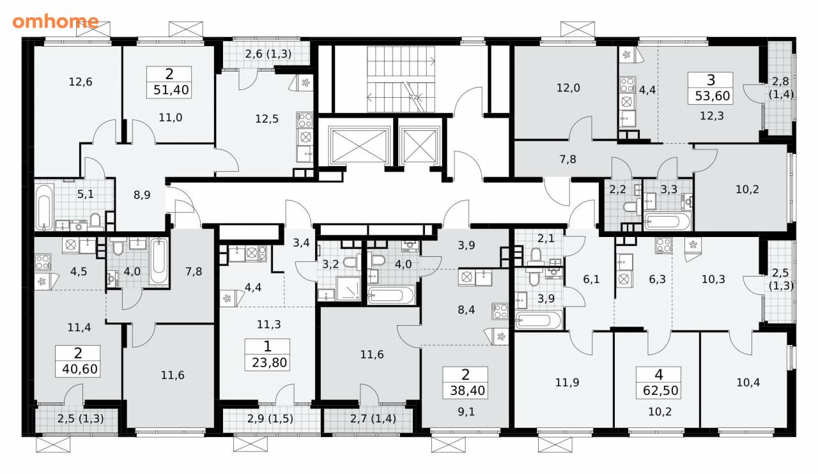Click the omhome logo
pyautogui.click(x=56, y=22)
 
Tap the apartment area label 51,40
pyautogui.click(x=171, y=90)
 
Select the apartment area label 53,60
pyautogui.click(x=712, y=96)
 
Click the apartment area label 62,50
pyautogui.click(x=661, y=391)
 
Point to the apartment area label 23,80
pyautogui.click(x=269, y=363)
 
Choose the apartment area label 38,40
pyautogui.click(x=467, y=391)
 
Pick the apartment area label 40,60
pyautogui.click(x=80, y=369)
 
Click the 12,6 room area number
pyautogui.click(x=81, y=82)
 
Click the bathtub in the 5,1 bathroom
pyautogui.click(x=44, y=208)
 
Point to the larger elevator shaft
pyautogui.click(x=359, y=146)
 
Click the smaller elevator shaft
pyautogui.click(x=420, y=146)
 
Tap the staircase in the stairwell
pyautogui.click(x=401, y=79)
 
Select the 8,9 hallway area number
pyautogui.click(x=142, y=195)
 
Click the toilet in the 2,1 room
pyautogui.click(x=536, y=256)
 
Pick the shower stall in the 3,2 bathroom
pyautogui.click(x=348, y=289)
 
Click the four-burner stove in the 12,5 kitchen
pyautogui.click(x=305, y=120)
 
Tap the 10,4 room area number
pyautogui.click(x=748, y=383)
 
